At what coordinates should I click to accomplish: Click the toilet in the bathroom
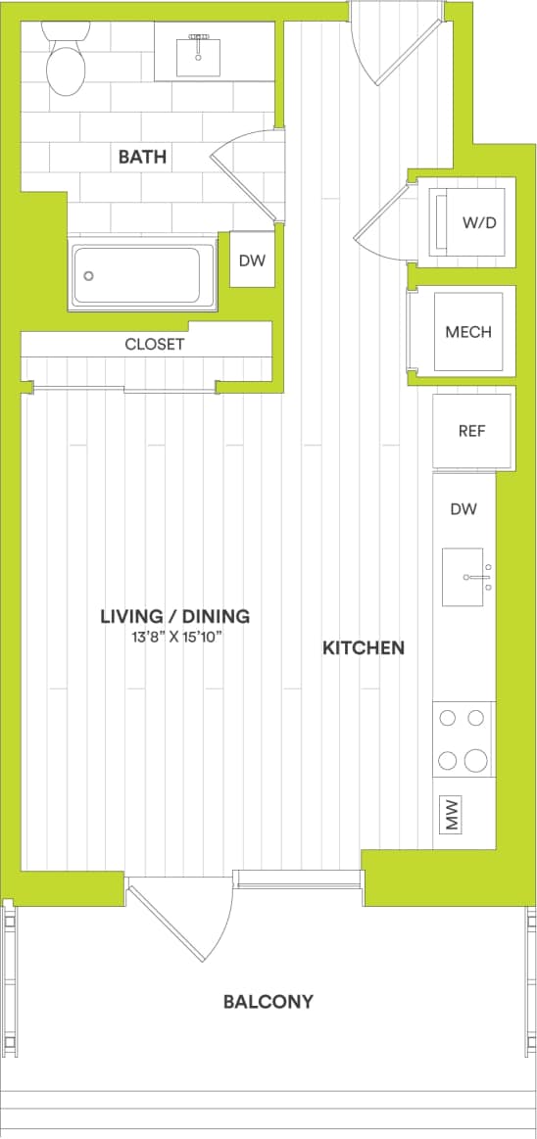(66, 61)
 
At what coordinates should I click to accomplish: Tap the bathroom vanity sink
(199, 55)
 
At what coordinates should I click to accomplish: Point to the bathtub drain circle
(89, 276)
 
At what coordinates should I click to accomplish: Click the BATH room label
(142, 157)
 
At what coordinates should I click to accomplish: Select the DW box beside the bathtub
(252, 261)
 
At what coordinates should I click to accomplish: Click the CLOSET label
(154, 345)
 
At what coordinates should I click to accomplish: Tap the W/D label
(479, 222)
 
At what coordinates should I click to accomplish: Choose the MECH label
(467, 332)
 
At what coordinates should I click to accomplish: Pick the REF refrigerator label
(471, 431)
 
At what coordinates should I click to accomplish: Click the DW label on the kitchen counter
(464, 509)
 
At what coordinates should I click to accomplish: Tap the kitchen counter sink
(464, 578)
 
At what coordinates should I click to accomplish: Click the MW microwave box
(453, 813)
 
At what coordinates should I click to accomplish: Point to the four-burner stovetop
(464, 739)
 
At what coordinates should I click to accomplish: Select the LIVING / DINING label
(174, 616)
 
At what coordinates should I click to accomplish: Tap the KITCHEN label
(363, 647)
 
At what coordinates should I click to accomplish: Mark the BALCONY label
(268, 1001)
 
